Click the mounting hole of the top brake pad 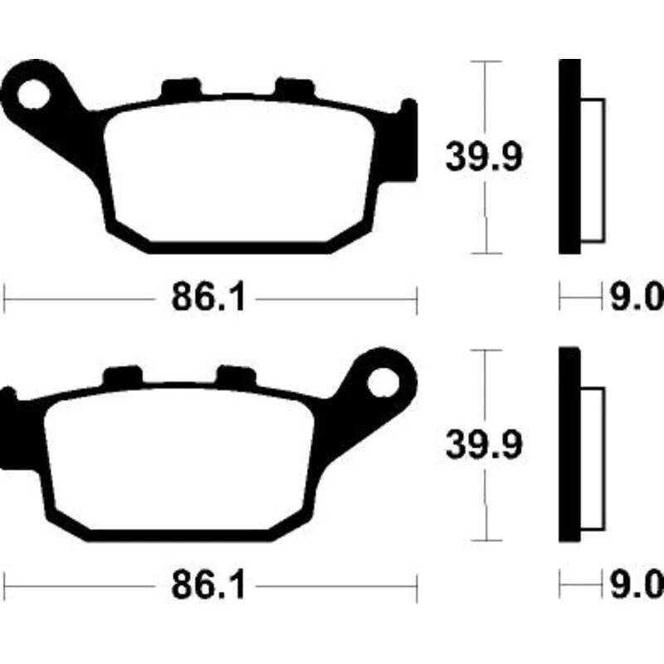click(33, 94)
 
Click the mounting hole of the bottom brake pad click(383, 383)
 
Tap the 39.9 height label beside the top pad click(485, 157)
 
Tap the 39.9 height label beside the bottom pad click(485, 445)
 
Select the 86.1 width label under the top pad click(208, 297)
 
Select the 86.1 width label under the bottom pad click(208, 586)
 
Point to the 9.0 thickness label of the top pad click(637, 297)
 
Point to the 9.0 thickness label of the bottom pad click(637, 586)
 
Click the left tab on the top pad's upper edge click(181, 90)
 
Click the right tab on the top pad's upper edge click(295, 90)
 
